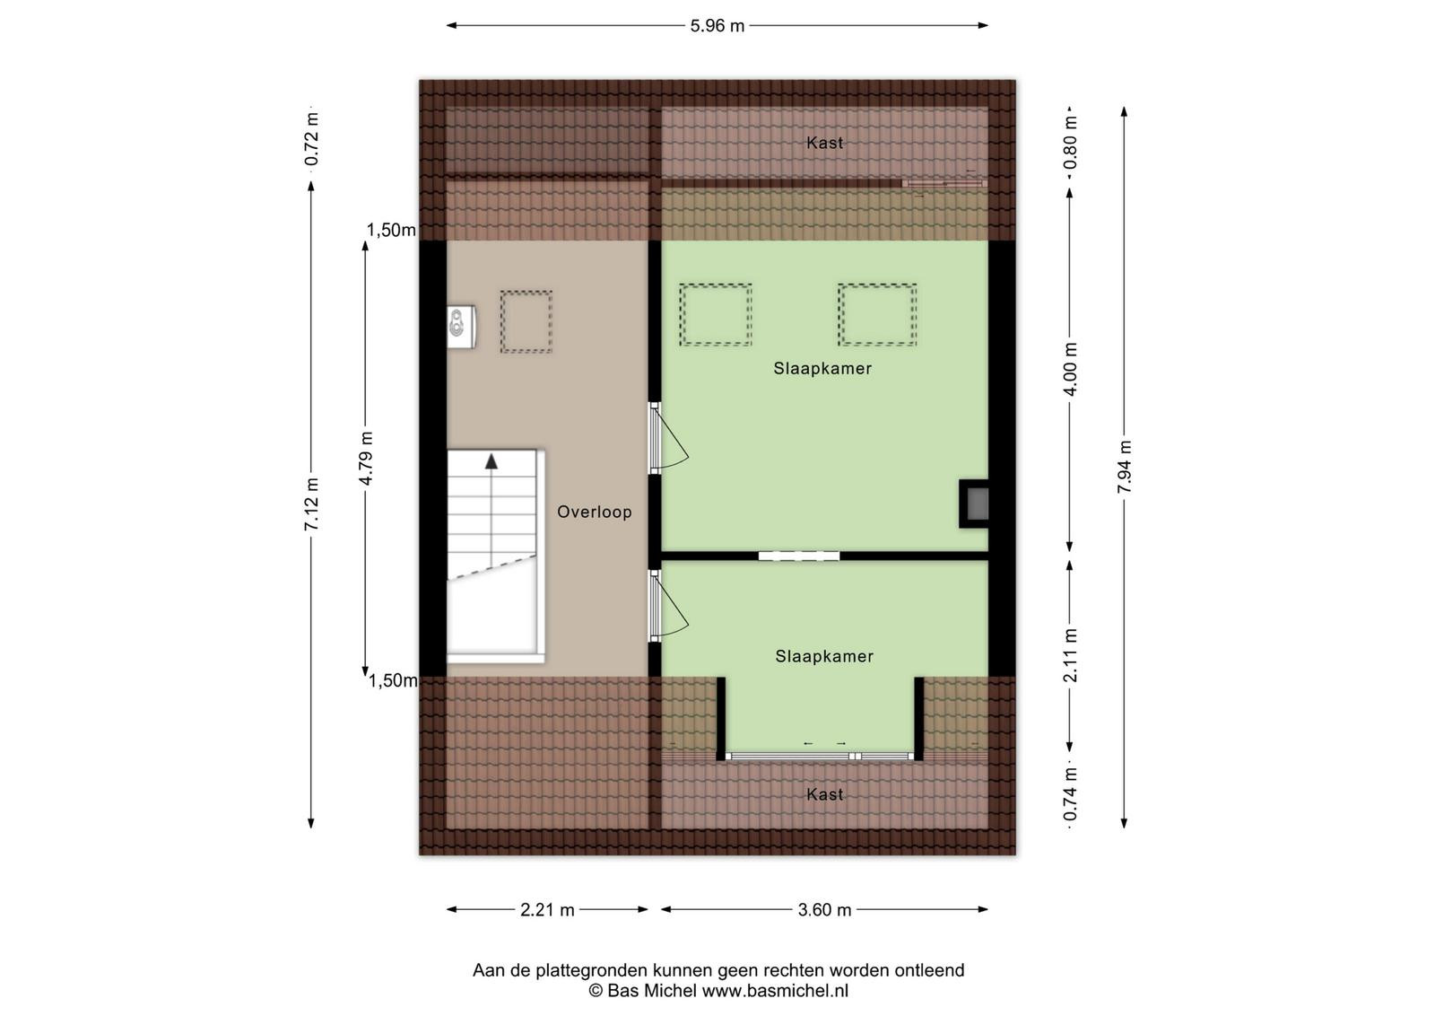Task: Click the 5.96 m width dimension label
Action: click(717, 26)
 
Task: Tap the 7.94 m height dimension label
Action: click(1125, 467)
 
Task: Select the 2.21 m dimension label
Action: click(547, 909)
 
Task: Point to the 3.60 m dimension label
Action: click(824, 909)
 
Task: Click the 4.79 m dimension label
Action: click(366, 459)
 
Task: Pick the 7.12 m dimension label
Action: click(311, 504)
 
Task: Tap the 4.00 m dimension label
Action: click(1070, 369)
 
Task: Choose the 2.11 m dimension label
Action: click(1070, 655)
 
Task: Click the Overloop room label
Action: click(595, 512)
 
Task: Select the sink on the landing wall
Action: click(461, 327)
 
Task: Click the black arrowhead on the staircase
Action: click(491, 461)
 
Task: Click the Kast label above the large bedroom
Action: click(824, 143)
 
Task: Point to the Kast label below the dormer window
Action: click(824, 795)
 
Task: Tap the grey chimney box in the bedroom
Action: click(974, 504)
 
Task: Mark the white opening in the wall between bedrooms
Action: click(799, 556)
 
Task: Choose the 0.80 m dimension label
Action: click(1070, 143)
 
